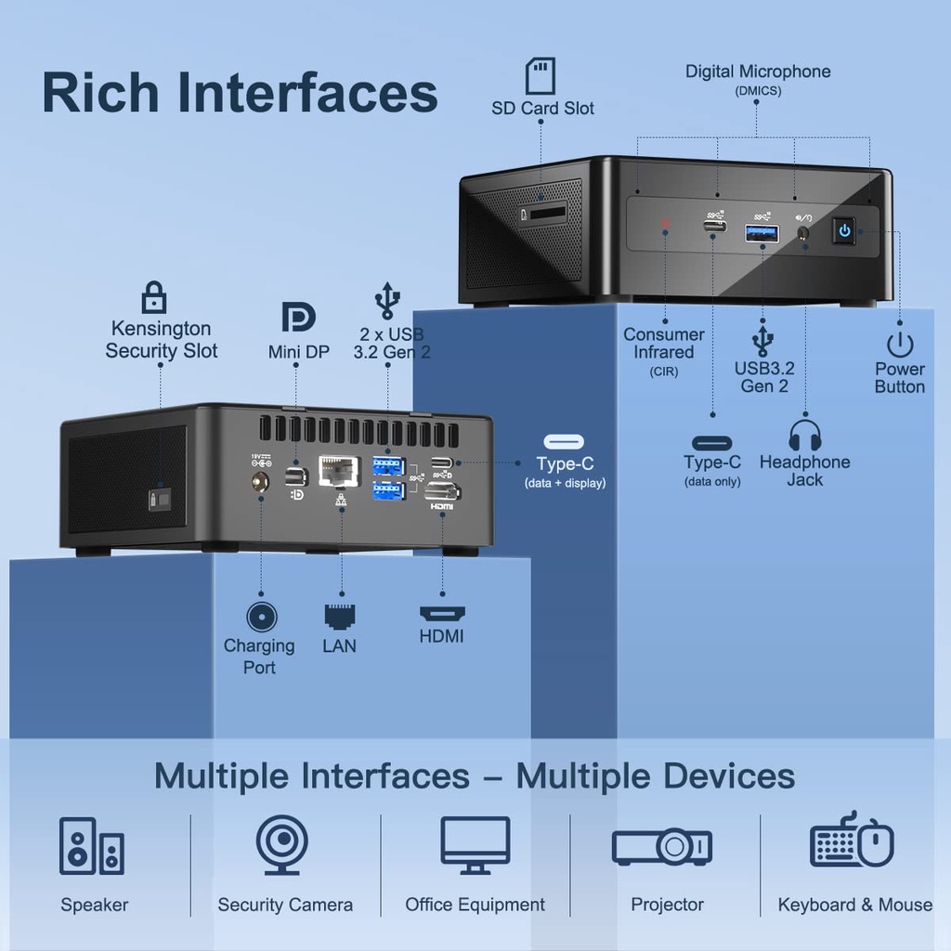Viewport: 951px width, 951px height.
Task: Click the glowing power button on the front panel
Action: coord(844,228)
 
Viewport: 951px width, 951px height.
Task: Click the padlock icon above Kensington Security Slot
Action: coord(153,297)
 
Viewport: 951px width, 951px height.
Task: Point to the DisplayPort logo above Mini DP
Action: coord(298,317)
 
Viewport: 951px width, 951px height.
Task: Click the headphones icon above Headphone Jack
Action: coord(805,435)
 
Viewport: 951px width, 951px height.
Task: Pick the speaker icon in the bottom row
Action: coord(92,846)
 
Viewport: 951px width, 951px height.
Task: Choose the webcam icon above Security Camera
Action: coord(282,844)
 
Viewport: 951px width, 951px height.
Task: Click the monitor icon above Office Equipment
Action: coord(475,844)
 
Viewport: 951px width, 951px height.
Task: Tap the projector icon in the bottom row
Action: coord(662,845)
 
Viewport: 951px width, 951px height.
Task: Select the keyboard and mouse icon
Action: coord(852,842)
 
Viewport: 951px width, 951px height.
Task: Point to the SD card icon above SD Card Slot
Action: coord(541,75)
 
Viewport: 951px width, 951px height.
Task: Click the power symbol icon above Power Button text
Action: coord(899,343)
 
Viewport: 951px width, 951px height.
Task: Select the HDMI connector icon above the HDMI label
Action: coord(442,613)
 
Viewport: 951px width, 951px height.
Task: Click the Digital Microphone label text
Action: coord(758,72)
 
